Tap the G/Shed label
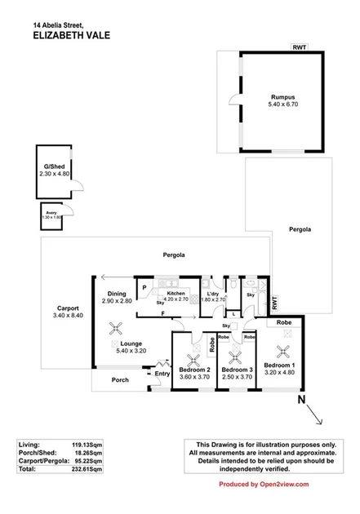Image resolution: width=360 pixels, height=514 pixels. coord(56,166)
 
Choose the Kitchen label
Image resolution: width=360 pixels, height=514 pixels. coord(176,292)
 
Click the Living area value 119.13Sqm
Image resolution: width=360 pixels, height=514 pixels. coord(87,445)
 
